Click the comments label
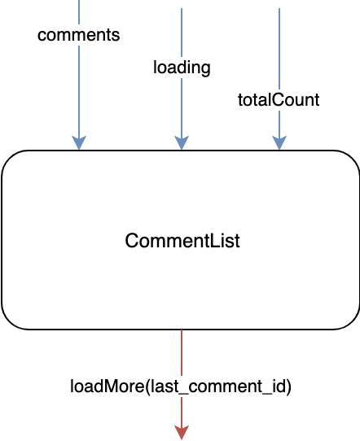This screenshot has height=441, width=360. click(x=78, y=35)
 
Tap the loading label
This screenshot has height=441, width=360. click(x=182, y=68)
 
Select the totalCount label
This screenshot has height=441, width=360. click(x=279, y=100)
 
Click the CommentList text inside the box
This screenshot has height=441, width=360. click(x=182, y=241)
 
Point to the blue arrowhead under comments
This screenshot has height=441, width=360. click(x=79, y=142)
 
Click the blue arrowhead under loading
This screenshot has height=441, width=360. click(x=182, y=142)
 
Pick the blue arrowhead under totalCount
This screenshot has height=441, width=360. click(x=279, y=142)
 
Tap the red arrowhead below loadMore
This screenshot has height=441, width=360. click(x=182, y=433)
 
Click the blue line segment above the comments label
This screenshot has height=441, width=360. click(x=79, y=12)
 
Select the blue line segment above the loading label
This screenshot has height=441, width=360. click(x=182, y=33)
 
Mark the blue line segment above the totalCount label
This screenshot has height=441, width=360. click(x=279, y=49)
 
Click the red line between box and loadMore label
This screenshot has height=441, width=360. click(x=182, y=352)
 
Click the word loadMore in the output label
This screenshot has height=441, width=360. click(x=108, y=386)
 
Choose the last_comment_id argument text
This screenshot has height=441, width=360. click(x=217, y=387)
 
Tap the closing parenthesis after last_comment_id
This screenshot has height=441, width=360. click(x=288, y=387)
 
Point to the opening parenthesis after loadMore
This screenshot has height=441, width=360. click(x=147, y=387)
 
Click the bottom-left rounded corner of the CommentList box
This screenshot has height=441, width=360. click(x=8, y=322)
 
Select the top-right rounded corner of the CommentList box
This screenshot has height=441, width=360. click(x=353, y=158)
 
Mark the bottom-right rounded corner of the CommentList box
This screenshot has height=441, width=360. click(x=353, y=322)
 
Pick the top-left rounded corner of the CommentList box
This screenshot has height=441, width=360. click(x=8, y=158)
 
